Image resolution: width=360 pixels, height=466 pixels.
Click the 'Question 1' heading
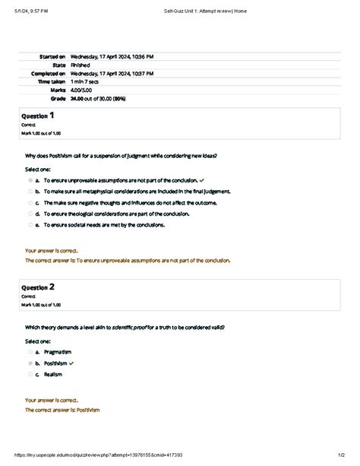click(x=37, y=116)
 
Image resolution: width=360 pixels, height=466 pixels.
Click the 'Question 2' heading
click(x=37, y=288)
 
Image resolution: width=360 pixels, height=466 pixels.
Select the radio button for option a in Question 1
click(x=30, y=181)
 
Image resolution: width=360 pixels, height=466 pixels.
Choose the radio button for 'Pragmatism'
click(x=30, y=353)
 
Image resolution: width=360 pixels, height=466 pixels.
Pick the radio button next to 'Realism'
click(x=30, y=374)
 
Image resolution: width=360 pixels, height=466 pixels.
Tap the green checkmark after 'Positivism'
click(x=71, y=363)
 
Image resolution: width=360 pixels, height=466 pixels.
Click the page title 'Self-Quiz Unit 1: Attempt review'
click(x=204, y=11)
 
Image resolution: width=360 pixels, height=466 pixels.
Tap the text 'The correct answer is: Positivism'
click(x=62, y=410)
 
